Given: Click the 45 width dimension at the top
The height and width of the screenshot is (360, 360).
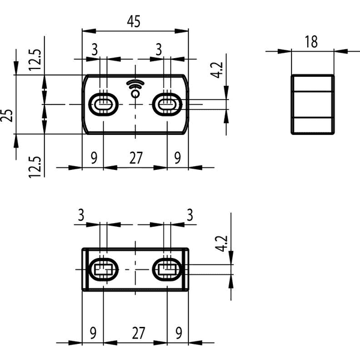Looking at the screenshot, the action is (x=134, y=22).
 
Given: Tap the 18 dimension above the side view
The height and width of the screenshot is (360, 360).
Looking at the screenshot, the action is (x=311, y=42).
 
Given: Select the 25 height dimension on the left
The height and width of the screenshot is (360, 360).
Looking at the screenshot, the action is (x=7, y=115).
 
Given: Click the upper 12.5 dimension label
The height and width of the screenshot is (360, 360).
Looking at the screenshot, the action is (x=35, y=59).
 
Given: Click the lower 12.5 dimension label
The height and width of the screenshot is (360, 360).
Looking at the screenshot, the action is (x=35, y=167).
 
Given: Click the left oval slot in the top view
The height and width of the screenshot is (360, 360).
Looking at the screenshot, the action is (x=104, y=104).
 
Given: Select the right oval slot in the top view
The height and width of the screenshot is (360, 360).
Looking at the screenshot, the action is (x=167, y=104).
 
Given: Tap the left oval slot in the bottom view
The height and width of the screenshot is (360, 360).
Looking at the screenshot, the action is (x=104, y=269).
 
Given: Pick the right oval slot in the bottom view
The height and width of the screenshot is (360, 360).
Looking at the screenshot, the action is (x=167, y=269).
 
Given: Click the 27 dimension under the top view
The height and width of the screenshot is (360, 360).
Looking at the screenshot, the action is (x=136, y=158).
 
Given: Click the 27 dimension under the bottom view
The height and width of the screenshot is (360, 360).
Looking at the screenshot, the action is (x=139, y=333).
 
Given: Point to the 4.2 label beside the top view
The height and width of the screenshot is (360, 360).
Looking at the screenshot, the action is (x=217, y=70).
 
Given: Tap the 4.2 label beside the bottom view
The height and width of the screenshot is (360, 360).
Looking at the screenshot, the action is (x=221, y=244).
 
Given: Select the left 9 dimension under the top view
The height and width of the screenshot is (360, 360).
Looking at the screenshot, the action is (x=94, y=158).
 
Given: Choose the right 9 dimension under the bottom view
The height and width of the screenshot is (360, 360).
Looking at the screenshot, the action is (x=179, y=333).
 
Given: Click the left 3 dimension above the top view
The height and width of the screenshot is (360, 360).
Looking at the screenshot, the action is (x=95, y=49).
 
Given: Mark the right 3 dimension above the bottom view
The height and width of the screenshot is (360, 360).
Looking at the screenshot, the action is (x=190, y=215).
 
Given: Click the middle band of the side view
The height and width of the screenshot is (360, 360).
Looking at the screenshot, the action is (x=313, y=104).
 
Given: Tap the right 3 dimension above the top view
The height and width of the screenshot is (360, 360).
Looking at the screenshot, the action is (x=158, y=49).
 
